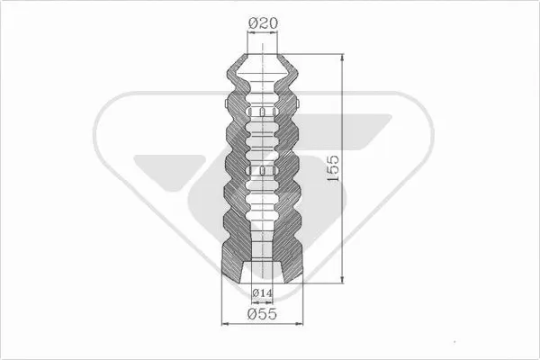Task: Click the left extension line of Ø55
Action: (221, 301)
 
